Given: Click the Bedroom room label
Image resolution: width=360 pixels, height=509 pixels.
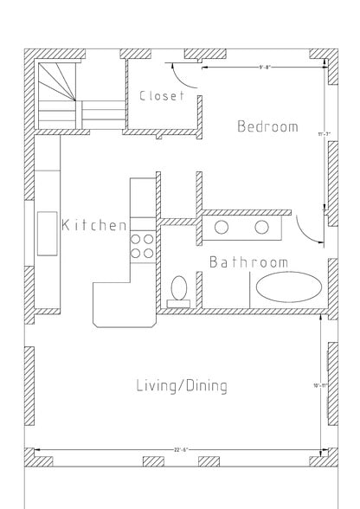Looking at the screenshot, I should tap(267, 126).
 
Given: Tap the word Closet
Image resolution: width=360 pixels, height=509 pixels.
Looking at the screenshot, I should tap(162, 96).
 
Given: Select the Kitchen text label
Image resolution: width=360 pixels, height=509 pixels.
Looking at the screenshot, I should tap(94, 225).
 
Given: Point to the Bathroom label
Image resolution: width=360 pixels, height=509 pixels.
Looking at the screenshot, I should tap(248, 262).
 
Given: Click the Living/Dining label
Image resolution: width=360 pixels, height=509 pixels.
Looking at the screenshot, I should tap(182, 386).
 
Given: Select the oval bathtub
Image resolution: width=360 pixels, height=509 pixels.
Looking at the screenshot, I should tap(286, 287).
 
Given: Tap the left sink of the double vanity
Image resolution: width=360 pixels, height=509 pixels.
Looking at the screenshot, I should tap(222, 228).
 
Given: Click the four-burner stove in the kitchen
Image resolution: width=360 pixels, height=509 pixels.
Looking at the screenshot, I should tap(142, 246).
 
